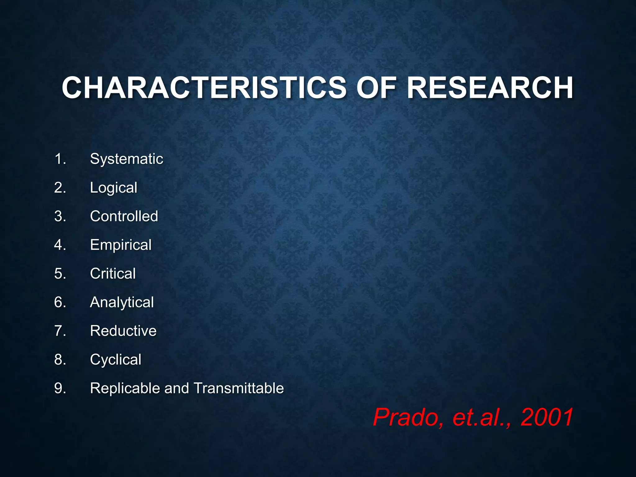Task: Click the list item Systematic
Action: (x=126, y=159)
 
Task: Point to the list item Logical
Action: (x=114, y=188)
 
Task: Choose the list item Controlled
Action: (x=124, y=216)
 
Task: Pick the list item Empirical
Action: (x=121, y=245)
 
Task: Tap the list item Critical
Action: (x=113, y=274)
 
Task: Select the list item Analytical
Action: (x=122, y=302)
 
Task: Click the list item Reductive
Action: (x=123, y=331)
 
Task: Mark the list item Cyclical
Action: (x=116, y=360)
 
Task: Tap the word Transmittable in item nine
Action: (x=239, y=388)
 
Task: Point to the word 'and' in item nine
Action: (x=176, y=388)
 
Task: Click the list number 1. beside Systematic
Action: (x=60, y=159)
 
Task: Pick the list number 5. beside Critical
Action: (x=60, y=274)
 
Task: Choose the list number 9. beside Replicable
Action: (x=60, y=388)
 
